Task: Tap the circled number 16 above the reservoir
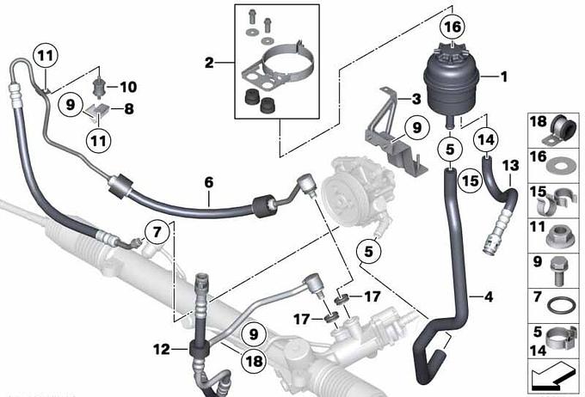point(453,27)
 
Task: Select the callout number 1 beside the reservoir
point(503,76)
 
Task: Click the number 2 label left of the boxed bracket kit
point(209,63)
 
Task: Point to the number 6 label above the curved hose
point(209,182)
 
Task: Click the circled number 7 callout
point(157,232)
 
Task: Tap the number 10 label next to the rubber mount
point(128,87)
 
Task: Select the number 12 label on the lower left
point(162,349)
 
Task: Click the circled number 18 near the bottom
point(254,361)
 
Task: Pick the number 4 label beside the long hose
point(489,296)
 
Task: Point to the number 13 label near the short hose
point(510,165)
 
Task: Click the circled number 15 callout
point(470,180)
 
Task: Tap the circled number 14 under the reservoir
point(486,140)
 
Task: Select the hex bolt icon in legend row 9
point(558,272)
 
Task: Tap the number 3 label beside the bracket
point(416,99)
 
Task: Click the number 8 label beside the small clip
point(129,109)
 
